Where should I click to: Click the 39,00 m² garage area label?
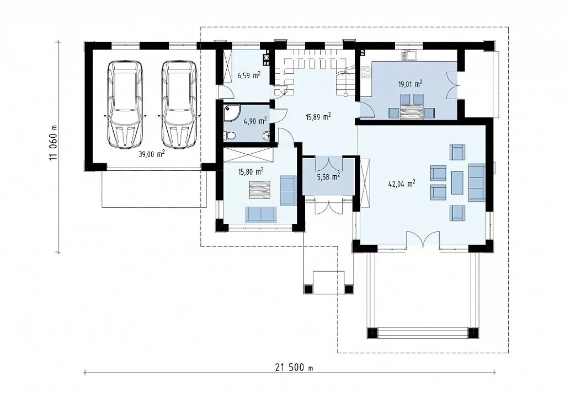click(x=152, y=154)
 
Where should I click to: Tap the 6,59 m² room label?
click(x=249, y=76)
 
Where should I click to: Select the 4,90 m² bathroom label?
click(x=255, y=121)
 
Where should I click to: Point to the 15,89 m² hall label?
click(x=318, y=117)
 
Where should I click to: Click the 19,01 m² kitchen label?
click(x=410, y=84)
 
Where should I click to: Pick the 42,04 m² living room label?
click(x=402, y=184)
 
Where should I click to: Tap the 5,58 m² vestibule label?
click(x=329, y=177)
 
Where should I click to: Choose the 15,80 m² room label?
click(x=250, y=171)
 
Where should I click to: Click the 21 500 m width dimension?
click(x=294, y=368)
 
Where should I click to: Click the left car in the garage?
click(x=125, y=104)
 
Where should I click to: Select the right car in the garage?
click(x=179, y=104)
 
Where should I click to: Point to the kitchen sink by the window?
click(x=408, y=55)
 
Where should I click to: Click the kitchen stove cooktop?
click(x=366, y=72)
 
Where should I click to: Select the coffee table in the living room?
click(x=457, y=182)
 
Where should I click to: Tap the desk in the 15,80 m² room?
click(x=260, y=188)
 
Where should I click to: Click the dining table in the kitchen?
click(x=411, y=111)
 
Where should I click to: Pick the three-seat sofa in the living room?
click(x=477, y=182)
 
